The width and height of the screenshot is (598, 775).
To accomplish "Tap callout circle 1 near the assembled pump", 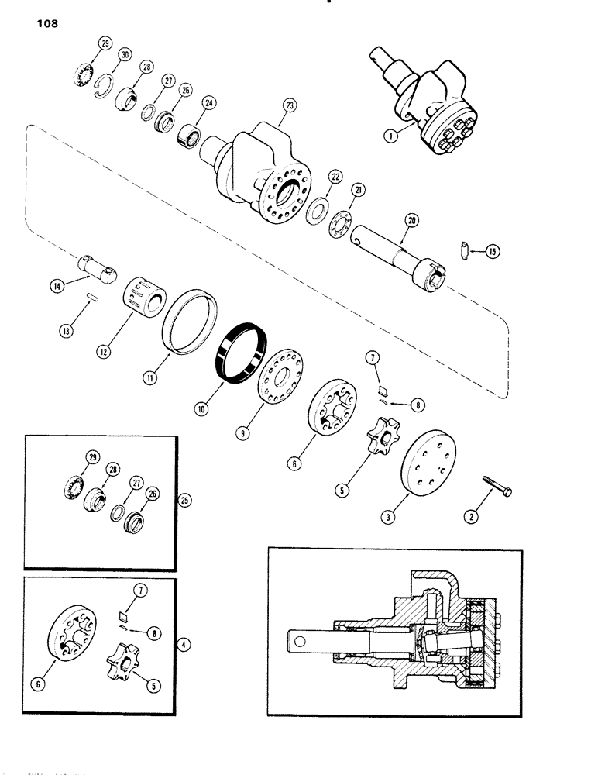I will (389, 135).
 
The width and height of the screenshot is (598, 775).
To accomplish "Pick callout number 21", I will (359, 189).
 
